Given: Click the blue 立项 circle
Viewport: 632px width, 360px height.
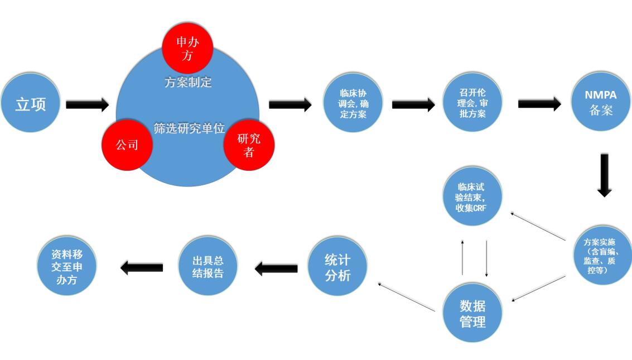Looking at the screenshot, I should [x=30, y=104].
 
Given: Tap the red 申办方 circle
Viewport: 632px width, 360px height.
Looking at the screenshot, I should [x=187, y=48].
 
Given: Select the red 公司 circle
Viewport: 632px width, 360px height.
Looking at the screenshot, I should [x=127, y=145].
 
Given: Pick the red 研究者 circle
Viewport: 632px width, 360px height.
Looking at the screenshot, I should [x=249, y=145].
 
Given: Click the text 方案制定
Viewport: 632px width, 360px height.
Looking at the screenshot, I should [x=188, y=83].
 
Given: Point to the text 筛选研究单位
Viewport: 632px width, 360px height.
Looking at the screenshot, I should [x=189, y=128].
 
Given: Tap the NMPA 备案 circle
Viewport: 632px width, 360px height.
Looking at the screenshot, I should [x=601, y=103].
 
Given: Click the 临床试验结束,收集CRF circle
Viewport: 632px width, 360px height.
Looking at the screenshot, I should [x=472, y=198].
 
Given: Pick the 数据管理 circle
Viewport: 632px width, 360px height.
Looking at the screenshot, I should [x=472, y=313].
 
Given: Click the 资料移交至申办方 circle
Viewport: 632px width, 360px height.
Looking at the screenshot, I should [x=67, y=267].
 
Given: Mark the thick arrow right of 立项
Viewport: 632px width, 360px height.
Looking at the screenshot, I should [x=87, y=104].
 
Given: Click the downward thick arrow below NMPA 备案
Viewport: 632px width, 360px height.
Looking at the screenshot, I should [x=605, y=174].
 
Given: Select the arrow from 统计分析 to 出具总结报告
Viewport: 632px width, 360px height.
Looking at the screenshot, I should [x=276, y=268].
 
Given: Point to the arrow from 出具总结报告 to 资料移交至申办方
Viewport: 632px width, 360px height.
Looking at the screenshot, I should [x=142, y=268].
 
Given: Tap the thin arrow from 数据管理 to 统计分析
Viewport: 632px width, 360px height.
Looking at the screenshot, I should [x=406, y=296].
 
